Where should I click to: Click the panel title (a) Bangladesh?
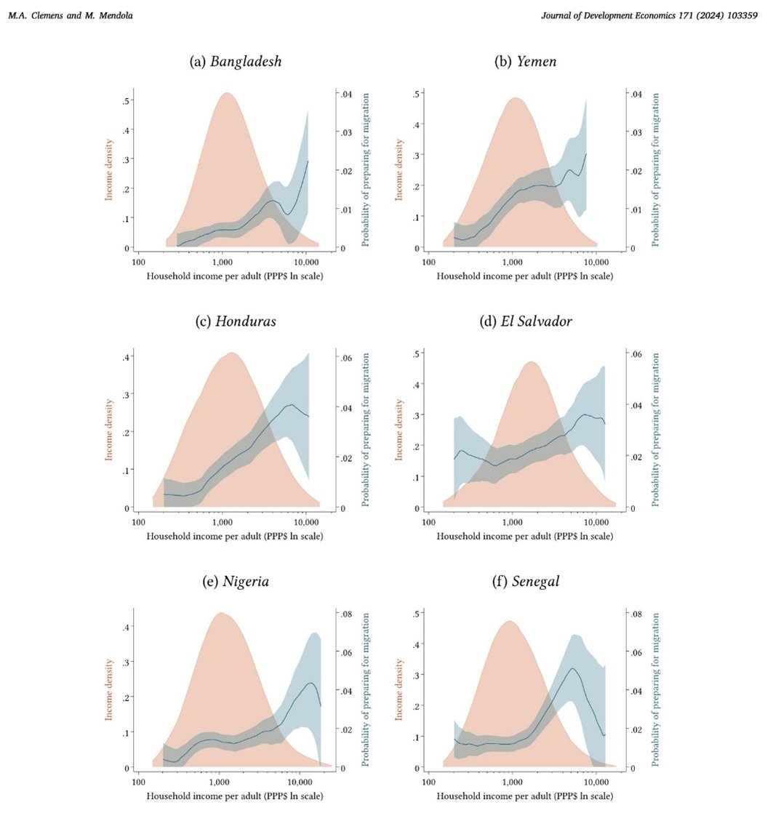tap(235, 62)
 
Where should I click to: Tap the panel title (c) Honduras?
tap(235, 322)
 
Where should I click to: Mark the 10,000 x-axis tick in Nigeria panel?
tap(301, 780)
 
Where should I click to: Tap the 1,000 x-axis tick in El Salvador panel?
tap(513, 521)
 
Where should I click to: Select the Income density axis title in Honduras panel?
tap(110, 429)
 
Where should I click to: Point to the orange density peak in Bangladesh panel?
tap(227, 95)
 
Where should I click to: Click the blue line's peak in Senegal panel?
tap(573, 668)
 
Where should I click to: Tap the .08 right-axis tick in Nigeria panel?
tap(346, 614)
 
